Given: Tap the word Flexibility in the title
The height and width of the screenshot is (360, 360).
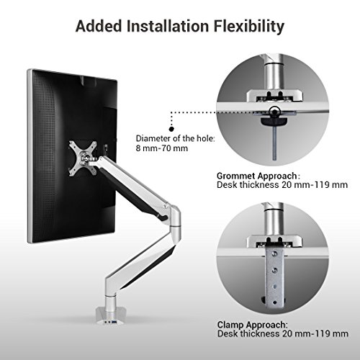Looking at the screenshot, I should click(248, 27).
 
